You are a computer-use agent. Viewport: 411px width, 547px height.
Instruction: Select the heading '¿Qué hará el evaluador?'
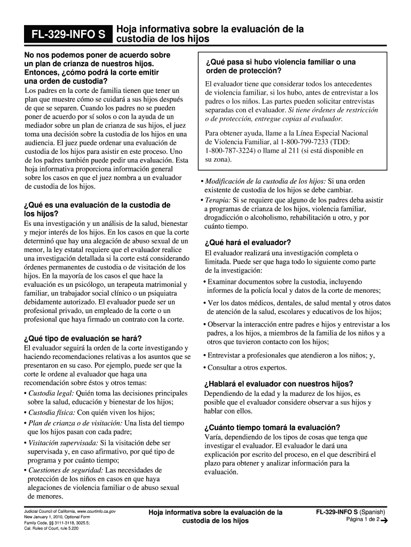pyautogui.click(x=248, y=242)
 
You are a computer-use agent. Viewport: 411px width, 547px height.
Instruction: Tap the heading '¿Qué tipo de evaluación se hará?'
pyautogui.click(x=83, y=339)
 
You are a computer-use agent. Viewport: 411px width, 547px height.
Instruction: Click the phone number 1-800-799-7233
pyautogui.click(x=303, y=142)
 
